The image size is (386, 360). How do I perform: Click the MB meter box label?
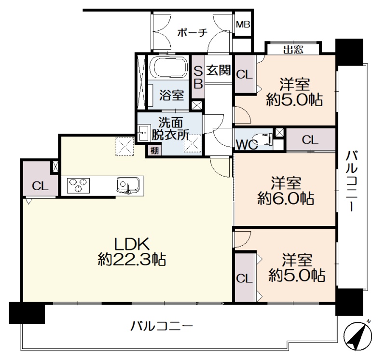coord(243,25)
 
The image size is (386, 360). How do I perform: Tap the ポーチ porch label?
coord(193,32)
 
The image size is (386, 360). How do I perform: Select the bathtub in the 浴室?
coord(169,67)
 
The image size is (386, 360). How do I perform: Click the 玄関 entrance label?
coord(219,70)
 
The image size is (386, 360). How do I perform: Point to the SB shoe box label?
coord(198,78)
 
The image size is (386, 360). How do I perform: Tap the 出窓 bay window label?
coord(293,50)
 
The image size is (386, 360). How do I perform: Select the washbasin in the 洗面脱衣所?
coord(144,133)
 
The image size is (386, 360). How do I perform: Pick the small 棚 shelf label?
coord(154,150)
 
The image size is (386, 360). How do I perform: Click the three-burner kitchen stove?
coord(78,185)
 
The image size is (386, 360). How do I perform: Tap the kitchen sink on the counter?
coord(128,185)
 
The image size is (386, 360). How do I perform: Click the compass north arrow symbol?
coord(358,336)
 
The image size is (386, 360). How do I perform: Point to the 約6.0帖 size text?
coord(286,198)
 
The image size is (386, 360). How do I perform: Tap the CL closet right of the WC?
coord(310,140)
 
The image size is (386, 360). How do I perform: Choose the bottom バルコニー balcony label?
coord(162,326)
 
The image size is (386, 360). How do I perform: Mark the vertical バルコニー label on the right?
coord(352,181)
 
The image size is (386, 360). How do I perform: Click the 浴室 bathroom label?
coord(172,95)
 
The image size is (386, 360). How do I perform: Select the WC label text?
coord(247,145)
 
